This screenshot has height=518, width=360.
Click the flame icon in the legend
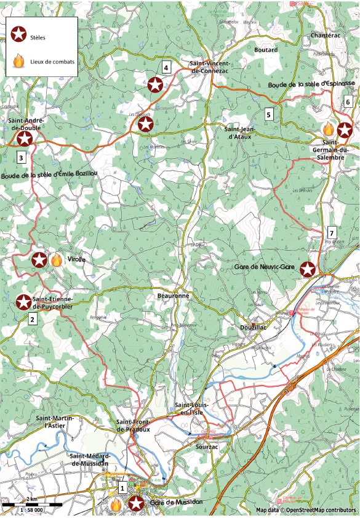[x=20, y=61]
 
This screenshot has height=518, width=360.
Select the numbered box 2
[x=33, y=318]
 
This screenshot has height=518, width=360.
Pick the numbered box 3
[x=21, y=158]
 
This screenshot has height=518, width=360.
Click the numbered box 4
[x=166, y=68]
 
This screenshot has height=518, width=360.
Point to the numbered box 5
[x=268, y=114]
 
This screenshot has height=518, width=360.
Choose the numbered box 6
[x=348, y=102]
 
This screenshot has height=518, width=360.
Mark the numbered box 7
[x=331, y=233]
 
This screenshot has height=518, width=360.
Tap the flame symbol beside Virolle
[x=56, y=260]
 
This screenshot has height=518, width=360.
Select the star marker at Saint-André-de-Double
[x=25, y=139]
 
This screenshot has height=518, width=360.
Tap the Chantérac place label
[x=326, y=36]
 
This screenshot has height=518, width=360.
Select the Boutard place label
[x=266, y=50]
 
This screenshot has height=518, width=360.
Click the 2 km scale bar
[x=31, y=505]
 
